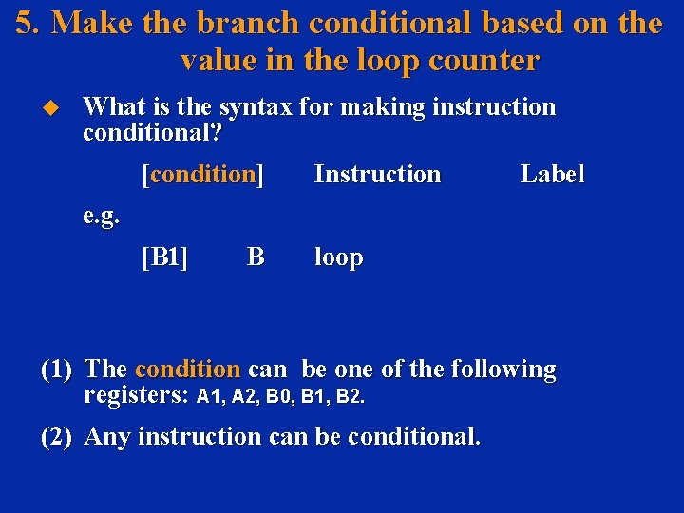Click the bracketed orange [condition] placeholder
point(201,174)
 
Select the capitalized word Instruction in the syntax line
point(377,174)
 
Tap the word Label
point(552,174)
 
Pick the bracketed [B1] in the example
point(164,256)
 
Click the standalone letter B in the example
point(255,256)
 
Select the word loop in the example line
point(338,257)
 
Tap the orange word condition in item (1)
point(187,369)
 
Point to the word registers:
point(136,395)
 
